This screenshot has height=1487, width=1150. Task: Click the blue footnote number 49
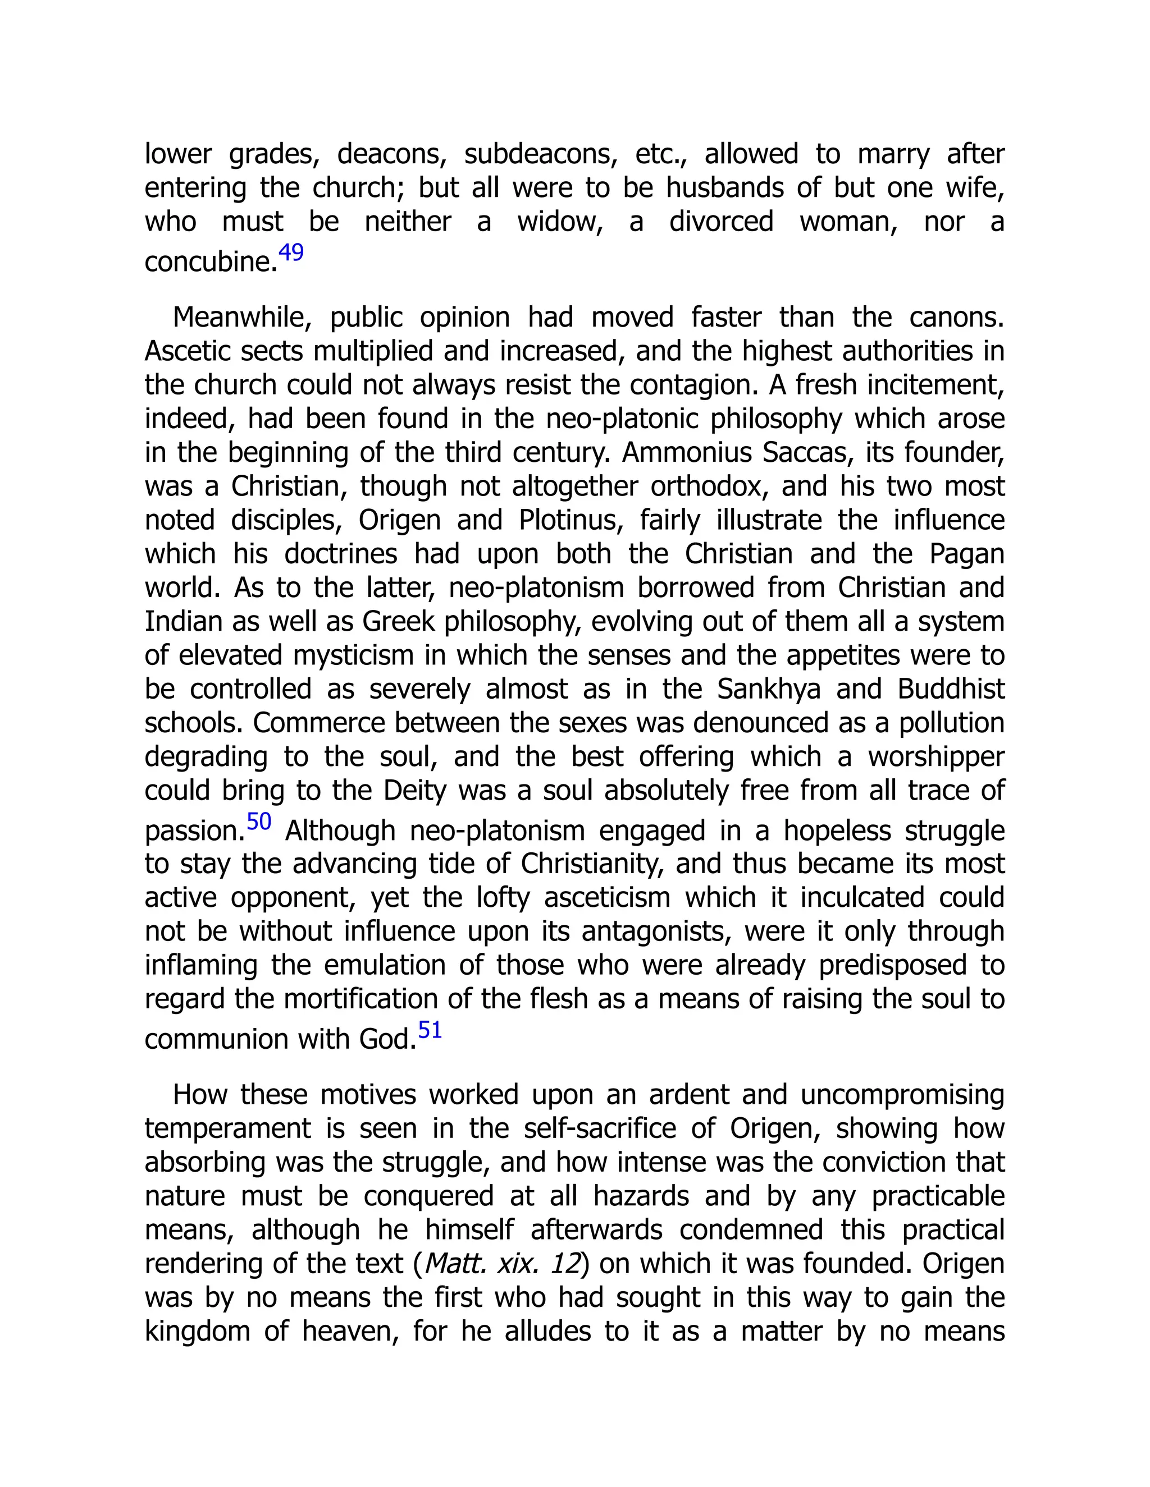[291, 253]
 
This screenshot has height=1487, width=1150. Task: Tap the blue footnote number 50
[259, 822]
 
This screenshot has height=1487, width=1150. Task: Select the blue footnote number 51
[430, 1030]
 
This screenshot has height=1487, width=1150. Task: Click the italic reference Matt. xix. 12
[503, 1264]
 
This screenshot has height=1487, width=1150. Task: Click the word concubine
[210, 262]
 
